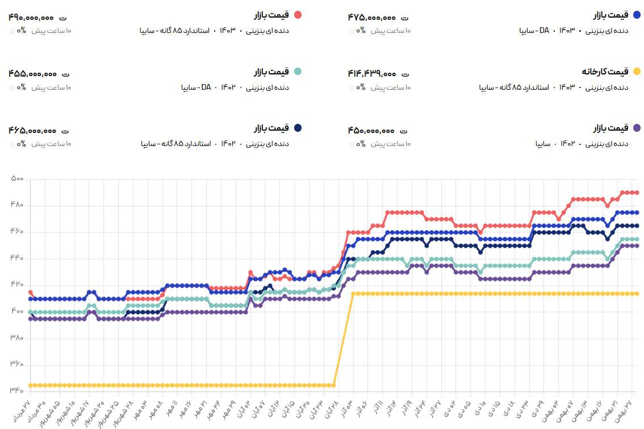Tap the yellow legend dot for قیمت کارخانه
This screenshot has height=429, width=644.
coord(637,72)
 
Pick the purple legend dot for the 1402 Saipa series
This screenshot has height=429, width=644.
coord(637,128)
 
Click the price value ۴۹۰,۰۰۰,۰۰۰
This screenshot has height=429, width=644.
coord(32,18)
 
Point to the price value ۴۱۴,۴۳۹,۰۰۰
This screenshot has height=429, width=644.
coord(372,74)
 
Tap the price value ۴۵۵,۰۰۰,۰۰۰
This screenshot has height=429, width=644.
coord(32,74)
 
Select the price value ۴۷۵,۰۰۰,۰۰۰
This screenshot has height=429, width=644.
coord(372,18)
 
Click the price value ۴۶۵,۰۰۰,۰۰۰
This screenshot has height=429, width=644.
coord(32,130)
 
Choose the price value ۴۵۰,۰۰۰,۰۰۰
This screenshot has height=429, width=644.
coord(372,130)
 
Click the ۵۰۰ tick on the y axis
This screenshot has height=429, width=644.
coord(17,179)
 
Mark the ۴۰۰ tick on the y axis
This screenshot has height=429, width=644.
coord(17,312)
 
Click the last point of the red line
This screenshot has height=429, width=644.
coord(637,193)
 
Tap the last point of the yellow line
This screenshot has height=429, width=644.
coord(637,294)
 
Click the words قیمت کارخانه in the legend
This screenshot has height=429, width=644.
coord(605,72)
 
